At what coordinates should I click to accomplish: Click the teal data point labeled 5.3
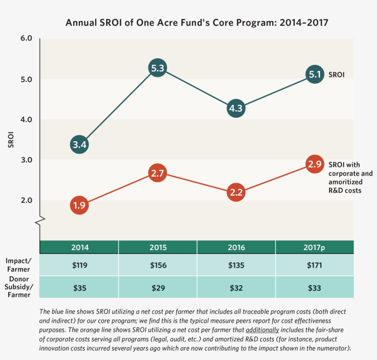[157, 69]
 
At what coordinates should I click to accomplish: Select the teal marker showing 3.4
[79, 145]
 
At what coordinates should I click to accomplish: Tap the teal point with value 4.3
[236, 109]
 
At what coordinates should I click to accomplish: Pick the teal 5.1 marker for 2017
[314, 75]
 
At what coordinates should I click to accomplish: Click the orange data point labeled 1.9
[79, 205]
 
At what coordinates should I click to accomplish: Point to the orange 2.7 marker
[157, 173]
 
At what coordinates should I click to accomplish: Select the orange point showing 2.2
[236, 193]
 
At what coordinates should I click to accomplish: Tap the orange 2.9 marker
[314, 165]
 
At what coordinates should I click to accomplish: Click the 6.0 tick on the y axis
[26, 39]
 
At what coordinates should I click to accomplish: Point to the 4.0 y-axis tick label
[26, 120]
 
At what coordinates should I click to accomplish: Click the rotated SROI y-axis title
[11, 140]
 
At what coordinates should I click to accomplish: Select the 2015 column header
[158, 247]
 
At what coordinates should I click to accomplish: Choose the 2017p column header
[314, 247]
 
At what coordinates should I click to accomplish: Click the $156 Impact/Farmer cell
[158, 265]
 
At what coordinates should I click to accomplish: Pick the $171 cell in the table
[314, 265]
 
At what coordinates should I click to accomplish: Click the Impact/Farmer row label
[18, 264]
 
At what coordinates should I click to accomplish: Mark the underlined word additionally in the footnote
[262, 330]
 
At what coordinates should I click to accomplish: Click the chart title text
[197, 23]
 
